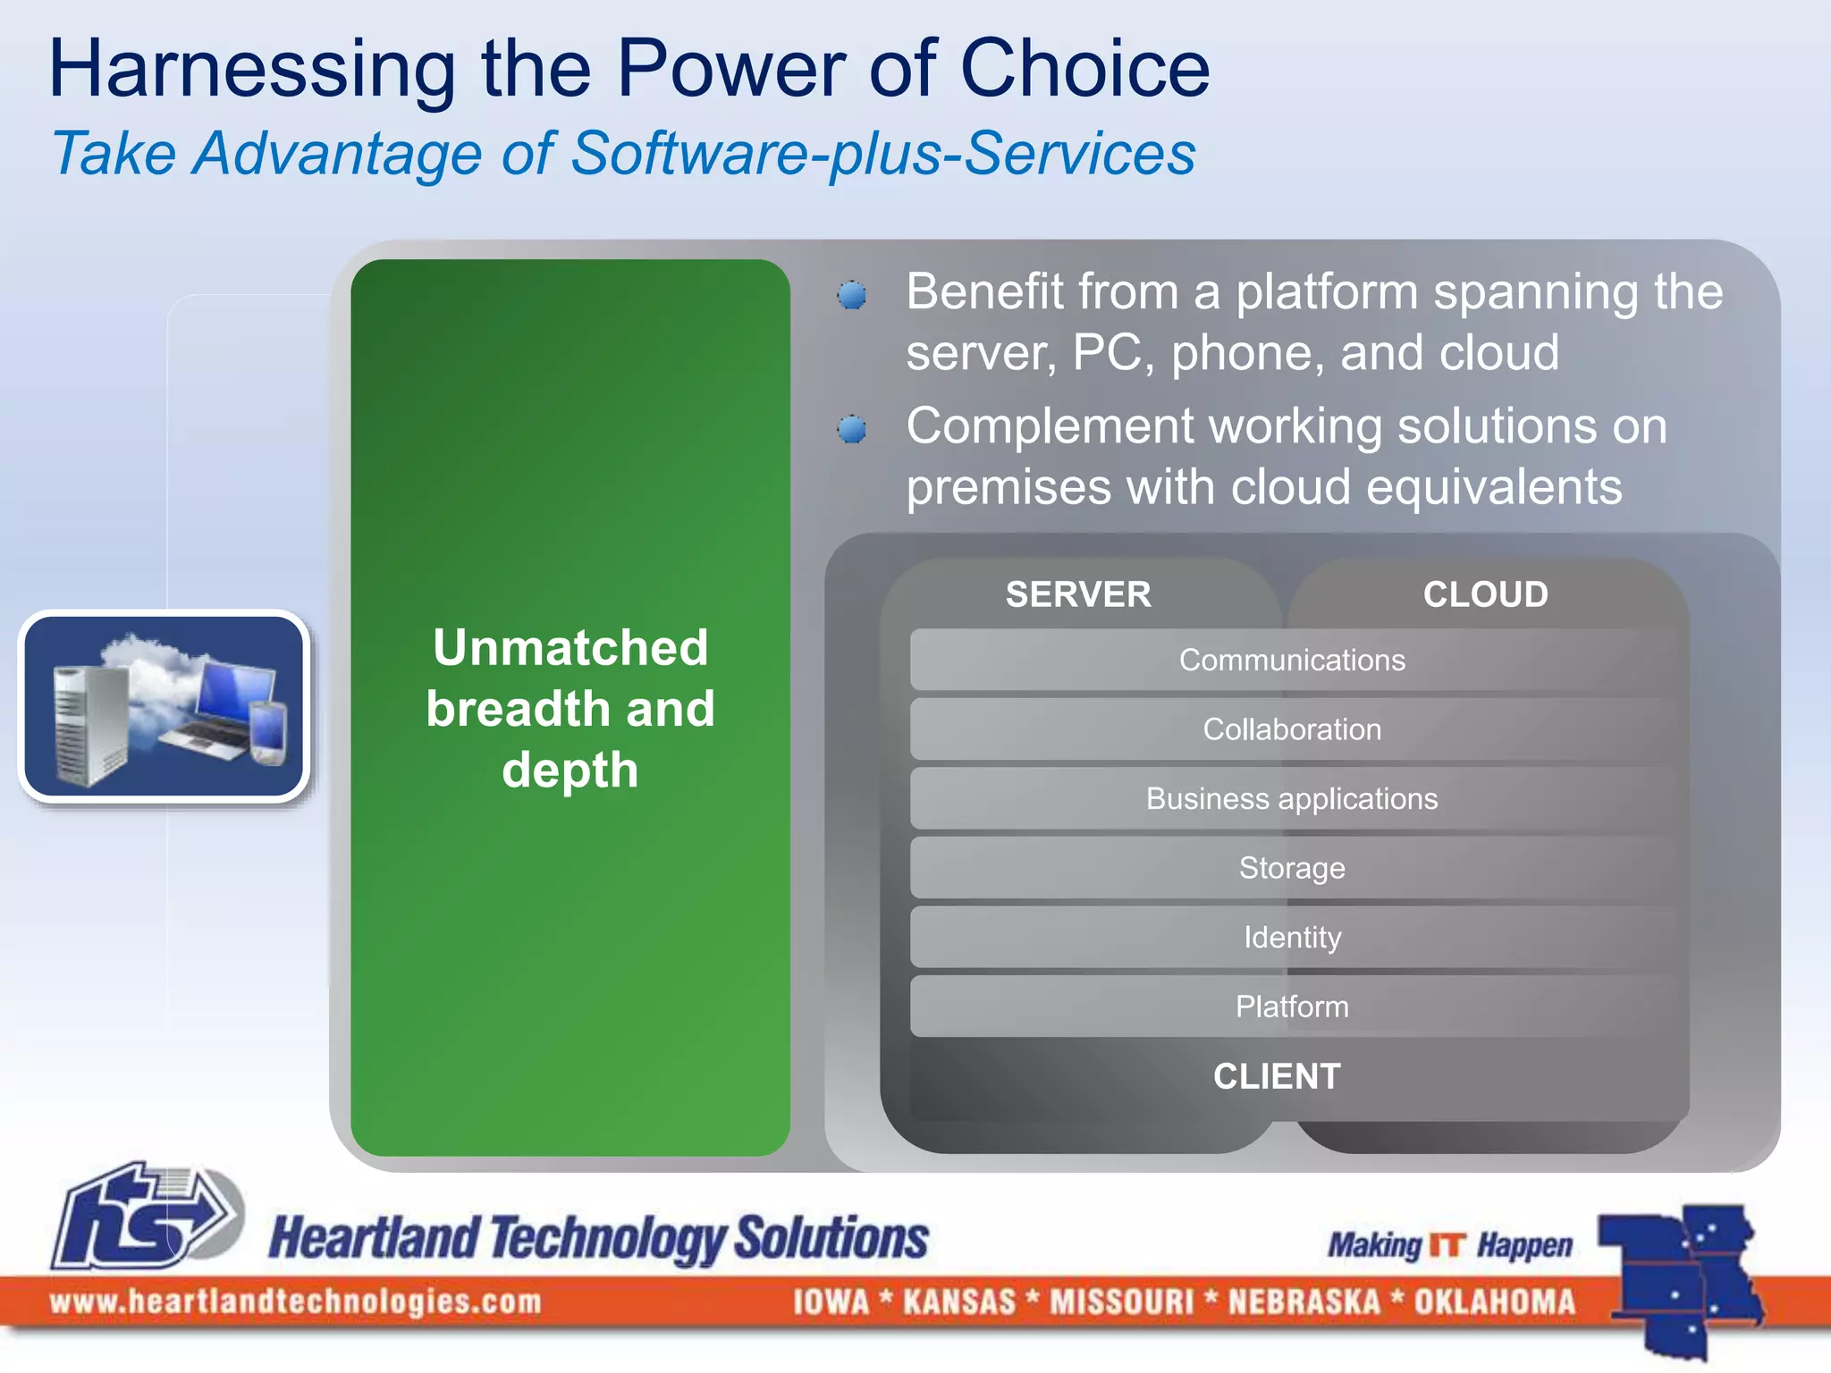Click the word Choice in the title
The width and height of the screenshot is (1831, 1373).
pyautogui.click(x=1084, y=70)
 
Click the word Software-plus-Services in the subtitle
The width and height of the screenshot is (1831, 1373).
pyautogui.click(x=882, y=154)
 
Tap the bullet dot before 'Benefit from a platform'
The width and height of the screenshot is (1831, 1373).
pyautogui.click(x=852, y=295)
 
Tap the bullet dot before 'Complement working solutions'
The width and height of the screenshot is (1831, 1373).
pyautogui.click(x=852, y=429)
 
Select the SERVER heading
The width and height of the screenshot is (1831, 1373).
pyautogui.click(x=1078, y=594)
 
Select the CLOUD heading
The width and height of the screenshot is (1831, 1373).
pyautogui.click(x=1485, y=594)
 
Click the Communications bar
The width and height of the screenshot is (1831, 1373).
pyautogui.click(x=1292, y=660)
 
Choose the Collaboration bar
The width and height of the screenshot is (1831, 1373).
pyautogui.click(x=1292, y=729)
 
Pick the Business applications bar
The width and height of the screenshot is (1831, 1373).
pyautogui.click(x=1292, y=798)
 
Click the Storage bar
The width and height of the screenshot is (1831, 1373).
pyautogui.click(x=1292, y=868)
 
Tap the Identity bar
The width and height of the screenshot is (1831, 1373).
pyautogui.click(x=1292, y=937)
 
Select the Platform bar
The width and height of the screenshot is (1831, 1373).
pyautogui.click(x=1292, y=1007)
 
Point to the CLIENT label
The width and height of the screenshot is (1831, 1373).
pyautogui.click(x=1277, y=1076)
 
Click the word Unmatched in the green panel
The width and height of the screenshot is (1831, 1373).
pyautogui.click(x=570, y=647)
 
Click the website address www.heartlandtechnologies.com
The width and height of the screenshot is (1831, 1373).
pyautogui.click(x=296, y=1301)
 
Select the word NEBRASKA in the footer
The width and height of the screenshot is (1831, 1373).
pyautogui.click(x=1304, y=1301)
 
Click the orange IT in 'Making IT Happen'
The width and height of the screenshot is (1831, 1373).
pyautogui.click(x=1447, y=1245)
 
